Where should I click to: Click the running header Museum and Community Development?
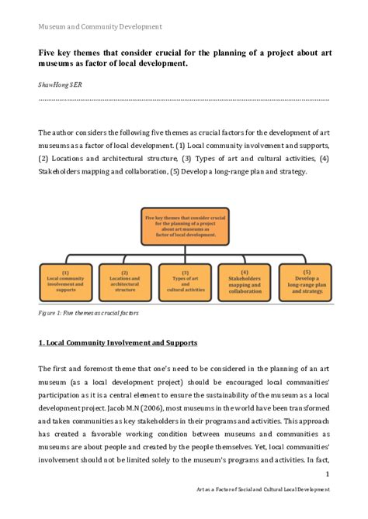(99, 26)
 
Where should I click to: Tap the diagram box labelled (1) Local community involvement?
(65, 282)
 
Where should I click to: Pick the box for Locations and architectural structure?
(124, 282)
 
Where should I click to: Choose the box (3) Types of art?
(184, 282)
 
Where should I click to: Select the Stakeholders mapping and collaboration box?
(244, 282)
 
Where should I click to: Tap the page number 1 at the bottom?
(327, 475)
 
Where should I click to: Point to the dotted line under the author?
(184, 100)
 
